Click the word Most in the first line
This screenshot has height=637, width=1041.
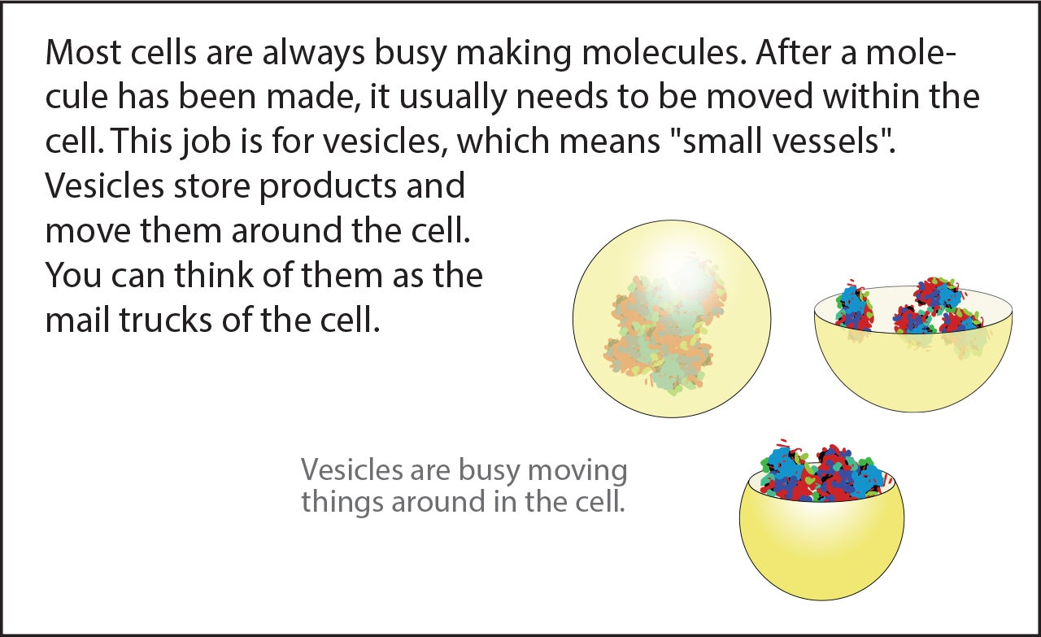click(x=84, y=52)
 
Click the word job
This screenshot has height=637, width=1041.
click(x=206, y=141)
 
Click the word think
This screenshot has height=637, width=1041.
click(x=214, y=275)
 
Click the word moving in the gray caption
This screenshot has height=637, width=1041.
click(x=577, y=470)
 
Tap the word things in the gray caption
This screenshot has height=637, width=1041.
click(x=342, y=502)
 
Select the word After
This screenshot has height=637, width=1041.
click(x=795, y=52)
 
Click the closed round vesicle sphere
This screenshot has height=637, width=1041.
click(x=672, y=319)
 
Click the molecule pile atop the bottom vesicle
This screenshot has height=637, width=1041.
click(x=822, y=472)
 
